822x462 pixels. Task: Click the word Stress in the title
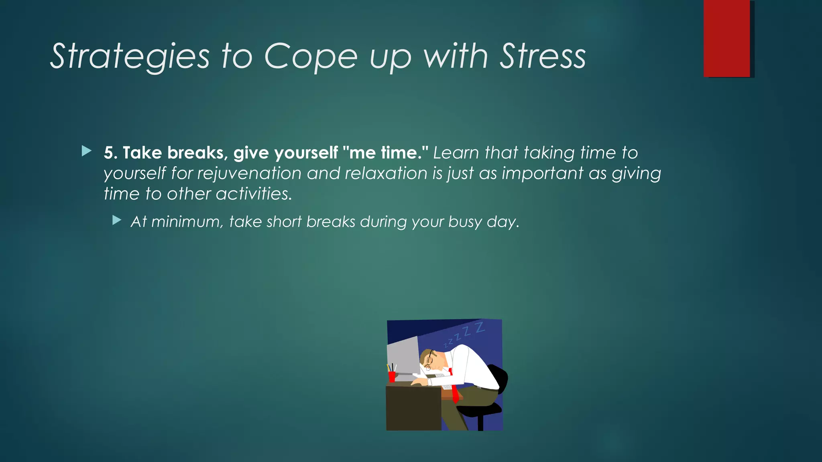pyautogui.click(x=542, y=57)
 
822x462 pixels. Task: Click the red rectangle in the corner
pyautogui.click(x=726, y=38)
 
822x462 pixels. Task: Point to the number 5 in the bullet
pyautogui.click(x=108, y=153)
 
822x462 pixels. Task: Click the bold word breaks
pyautogui.click(x=195, y=153)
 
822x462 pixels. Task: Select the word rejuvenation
pyautogui.click(x=249, y=174)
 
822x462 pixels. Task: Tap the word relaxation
pyautogui.click(x=386, y=174)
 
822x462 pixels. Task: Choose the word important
pyautogui.click(x=542, y=174)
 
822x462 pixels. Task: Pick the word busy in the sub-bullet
pyautogui.click(x=465, y=222)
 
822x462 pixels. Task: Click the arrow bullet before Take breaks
pyautogui.click(x=86, y=151)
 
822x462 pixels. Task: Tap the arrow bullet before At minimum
pyautogui.click(x=117, y=220)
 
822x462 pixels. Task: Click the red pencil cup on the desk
pyautogui.click(x=392, y=377)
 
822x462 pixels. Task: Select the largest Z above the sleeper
pyautogui.click(x=480, y=328)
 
